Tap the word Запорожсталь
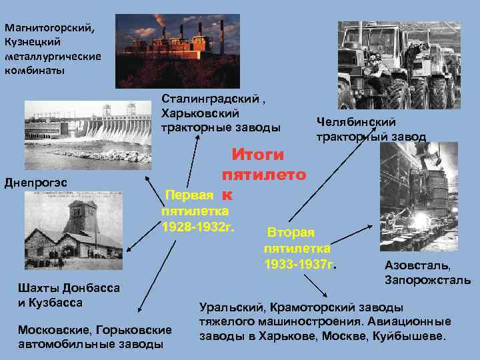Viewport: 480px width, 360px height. point(427,280)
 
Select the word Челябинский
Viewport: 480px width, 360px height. point(355,122)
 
